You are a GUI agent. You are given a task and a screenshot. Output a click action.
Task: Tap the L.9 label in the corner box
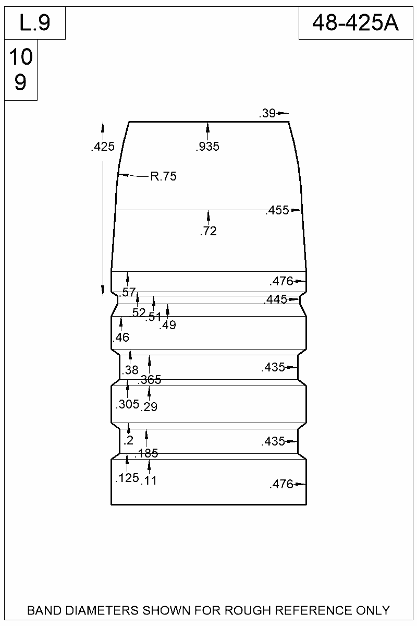(34, 23)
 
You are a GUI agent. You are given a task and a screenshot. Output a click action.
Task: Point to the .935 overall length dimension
(207, 147)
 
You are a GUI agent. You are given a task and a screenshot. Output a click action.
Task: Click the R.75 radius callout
(163, 176)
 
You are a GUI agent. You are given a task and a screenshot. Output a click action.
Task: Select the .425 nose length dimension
(102, 147)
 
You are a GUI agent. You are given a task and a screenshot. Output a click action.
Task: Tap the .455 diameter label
(277, 211)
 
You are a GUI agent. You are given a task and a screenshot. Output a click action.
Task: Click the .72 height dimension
(208, 231)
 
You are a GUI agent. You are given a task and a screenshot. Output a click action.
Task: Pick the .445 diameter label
(275, 299)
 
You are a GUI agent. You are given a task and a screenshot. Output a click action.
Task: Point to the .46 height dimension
(121, 338)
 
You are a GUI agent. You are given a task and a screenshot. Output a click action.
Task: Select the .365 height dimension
(150, 380)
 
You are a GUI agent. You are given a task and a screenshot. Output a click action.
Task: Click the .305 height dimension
(127, 404)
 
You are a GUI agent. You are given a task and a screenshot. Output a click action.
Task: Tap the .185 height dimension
(146, 453)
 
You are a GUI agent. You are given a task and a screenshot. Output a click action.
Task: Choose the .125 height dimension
(127, 478)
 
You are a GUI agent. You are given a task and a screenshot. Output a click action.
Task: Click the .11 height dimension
(149, 480)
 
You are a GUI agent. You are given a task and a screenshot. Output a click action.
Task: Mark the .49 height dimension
(168, 326)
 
